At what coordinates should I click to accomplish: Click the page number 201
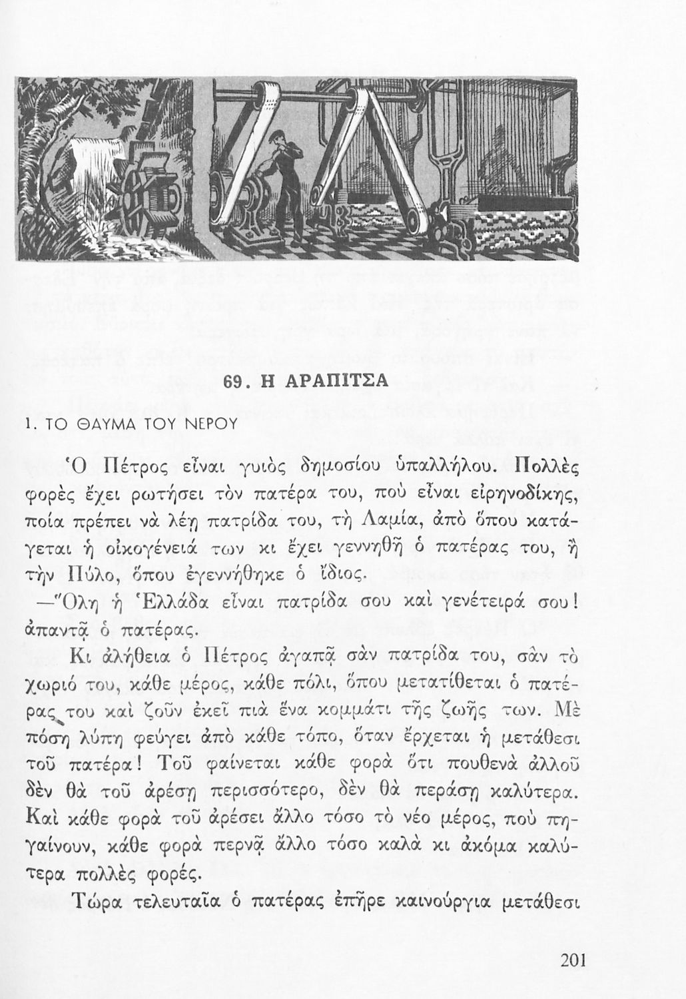(572, 961)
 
